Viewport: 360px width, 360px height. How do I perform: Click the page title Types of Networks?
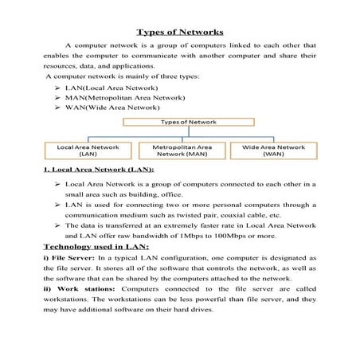179,33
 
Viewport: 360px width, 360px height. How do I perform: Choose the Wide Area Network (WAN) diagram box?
273,151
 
